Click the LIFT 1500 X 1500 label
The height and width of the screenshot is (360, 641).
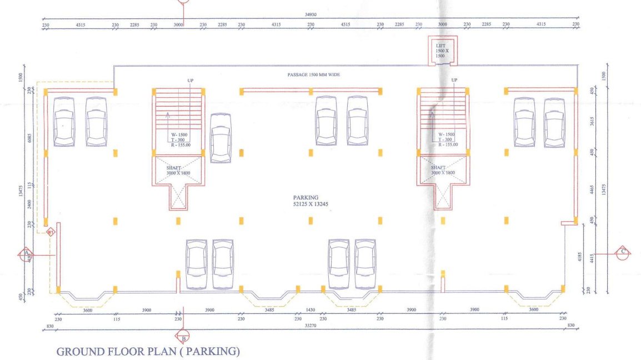click(x=440, y=51)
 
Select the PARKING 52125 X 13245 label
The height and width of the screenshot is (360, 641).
click(x=308, y=201)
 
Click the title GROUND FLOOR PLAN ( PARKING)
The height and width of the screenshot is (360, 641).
click(x=148, y=351)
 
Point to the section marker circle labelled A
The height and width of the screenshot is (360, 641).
click(x=24, y=255)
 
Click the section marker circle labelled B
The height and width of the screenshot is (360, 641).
click(x=183, y=337)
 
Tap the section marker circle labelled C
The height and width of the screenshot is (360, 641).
click(x=623, y=252)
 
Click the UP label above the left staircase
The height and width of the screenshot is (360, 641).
click(x=190, y=81)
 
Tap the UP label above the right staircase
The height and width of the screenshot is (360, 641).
click(x=454, y=81)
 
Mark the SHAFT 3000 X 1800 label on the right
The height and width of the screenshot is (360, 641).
click(x=443, y=170)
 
